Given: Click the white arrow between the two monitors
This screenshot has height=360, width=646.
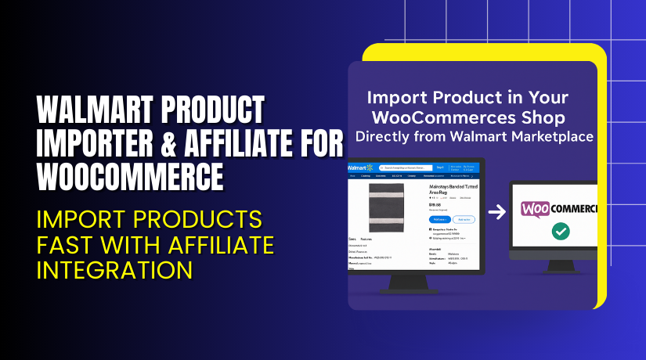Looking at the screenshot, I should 496,211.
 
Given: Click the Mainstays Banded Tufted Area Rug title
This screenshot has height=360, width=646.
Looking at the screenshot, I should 453,193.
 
